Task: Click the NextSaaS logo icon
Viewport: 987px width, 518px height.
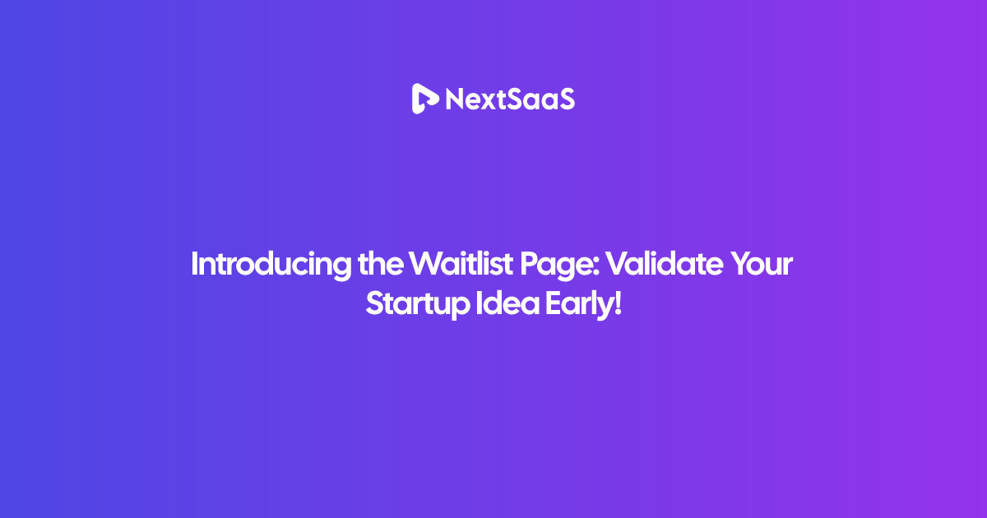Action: (424, 99)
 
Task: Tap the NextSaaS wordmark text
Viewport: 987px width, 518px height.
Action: (510, 99)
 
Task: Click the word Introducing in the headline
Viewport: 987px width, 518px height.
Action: (271, 264)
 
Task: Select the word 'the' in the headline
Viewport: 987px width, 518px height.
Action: (380, 263)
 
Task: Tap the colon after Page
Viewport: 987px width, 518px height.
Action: (596, 267)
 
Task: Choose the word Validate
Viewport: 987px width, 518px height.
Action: (664, 263)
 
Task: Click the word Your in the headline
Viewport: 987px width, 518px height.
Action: (762, 264)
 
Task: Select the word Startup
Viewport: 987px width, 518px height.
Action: (418, 305)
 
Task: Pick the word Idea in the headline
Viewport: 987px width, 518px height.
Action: (507, 303)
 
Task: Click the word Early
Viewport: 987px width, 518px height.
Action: (578, 305)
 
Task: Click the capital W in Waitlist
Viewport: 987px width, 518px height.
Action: (427, 264)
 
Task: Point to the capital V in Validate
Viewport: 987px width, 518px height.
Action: (618, 264)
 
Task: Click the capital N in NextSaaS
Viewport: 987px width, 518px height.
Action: (455, 99)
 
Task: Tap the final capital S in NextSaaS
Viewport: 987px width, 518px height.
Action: (565, 99)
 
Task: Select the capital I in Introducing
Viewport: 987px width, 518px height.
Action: (194, 264)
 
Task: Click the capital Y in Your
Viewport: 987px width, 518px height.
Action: (742, 264)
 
